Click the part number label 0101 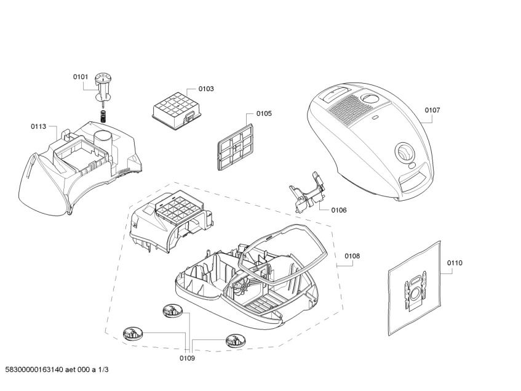coord(81,76)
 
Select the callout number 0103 coord(206,89)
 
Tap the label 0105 coord(264,113)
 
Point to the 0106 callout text coord(338,210)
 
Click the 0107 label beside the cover coord(432,110)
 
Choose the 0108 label coord(352,256)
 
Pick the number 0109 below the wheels coord(186,358)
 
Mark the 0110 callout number coord(455,263)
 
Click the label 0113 coord(38,126)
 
